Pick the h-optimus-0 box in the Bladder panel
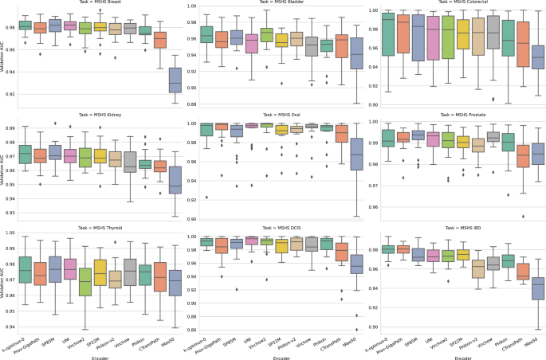(x=206, y=35)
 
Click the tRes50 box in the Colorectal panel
(x=538, y=57)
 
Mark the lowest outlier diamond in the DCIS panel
(x=357, y=328)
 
